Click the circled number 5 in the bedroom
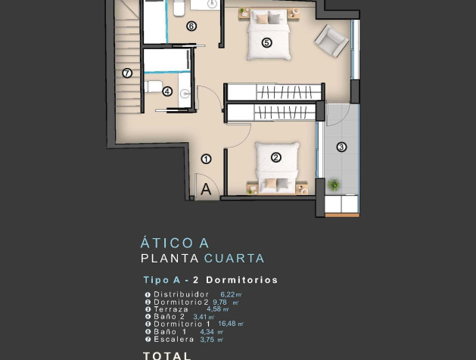tap(266, 42)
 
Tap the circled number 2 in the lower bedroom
tap(275, 157)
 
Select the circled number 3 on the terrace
tap(341, 147)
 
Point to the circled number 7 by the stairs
tap(127, 73)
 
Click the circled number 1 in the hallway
tap(206, 159)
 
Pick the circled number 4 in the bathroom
tap(167, 92)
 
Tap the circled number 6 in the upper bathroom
tap(191, 26)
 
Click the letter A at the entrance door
tap(206, 190)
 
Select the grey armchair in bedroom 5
tap(331, 39)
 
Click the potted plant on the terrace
tap(333, 184)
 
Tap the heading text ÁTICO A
tap(175, 244)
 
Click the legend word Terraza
tap(171, 309)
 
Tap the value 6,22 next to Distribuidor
tap(228, 295)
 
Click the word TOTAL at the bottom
tap(167, 355)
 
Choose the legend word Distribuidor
tap(181, 294)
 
